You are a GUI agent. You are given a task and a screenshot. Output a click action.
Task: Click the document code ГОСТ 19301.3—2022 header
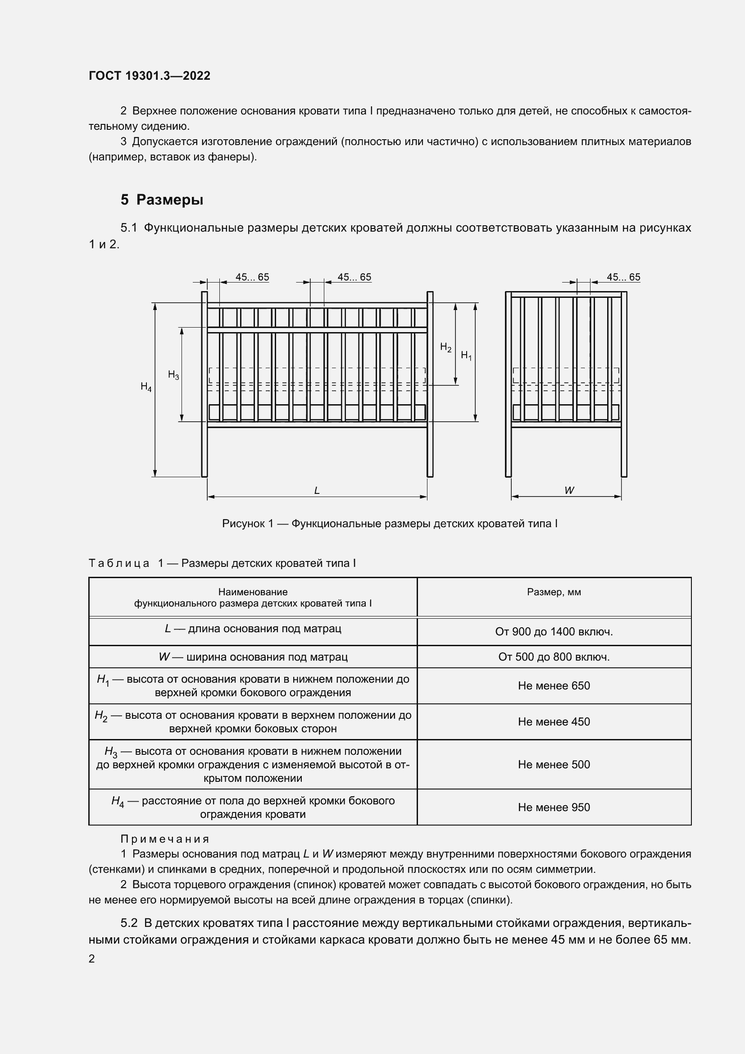(x=150, y=76)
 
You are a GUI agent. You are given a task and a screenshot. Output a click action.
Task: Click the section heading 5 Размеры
(x=162, y=200)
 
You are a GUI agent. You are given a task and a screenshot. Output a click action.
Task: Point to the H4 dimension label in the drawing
(x=146, y=387)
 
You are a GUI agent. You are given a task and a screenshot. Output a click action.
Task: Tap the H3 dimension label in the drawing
(x=173, y=375)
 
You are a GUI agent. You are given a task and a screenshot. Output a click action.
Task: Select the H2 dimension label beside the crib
(x=445, y=347)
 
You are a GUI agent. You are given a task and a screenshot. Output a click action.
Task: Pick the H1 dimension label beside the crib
(x=466, y=355)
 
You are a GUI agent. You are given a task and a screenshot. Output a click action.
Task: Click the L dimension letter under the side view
(x=317, y=490)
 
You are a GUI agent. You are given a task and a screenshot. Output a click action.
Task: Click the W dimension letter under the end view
(x=569, y=490)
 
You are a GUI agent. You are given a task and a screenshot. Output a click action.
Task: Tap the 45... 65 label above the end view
(x=623, y=277)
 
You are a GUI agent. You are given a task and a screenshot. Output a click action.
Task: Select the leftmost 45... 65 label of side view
(x=252, y=277)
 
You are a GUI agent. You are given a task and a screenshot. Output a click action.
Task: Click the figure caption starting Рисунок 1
(x=390, y=523)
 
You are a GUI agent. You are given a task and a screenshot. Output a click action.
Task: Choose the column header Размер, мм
(x=554, y=592)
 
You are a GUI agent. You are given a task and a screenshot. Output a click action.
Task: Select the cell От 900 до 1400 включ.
(x=554, y=632)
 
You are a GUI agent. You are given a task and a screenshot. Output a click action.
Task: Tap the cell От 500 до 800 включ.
(x=554, y=657)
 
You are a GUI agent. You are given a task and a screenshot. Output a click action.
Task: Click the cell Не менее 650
(x=554, y=685)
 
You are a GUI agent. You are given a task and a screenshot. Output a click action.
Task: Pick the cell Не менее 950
(x=554, y=807)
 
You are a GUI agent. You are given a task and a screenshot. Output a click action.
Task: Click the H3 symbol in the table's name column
(x=111, y=752)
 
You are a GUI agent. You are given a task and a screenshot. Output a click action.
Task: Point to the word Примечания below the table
(x=165, y=839)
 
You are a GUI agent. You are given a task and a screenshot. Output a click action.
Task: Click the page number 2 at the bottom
(x=92, y=959)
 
